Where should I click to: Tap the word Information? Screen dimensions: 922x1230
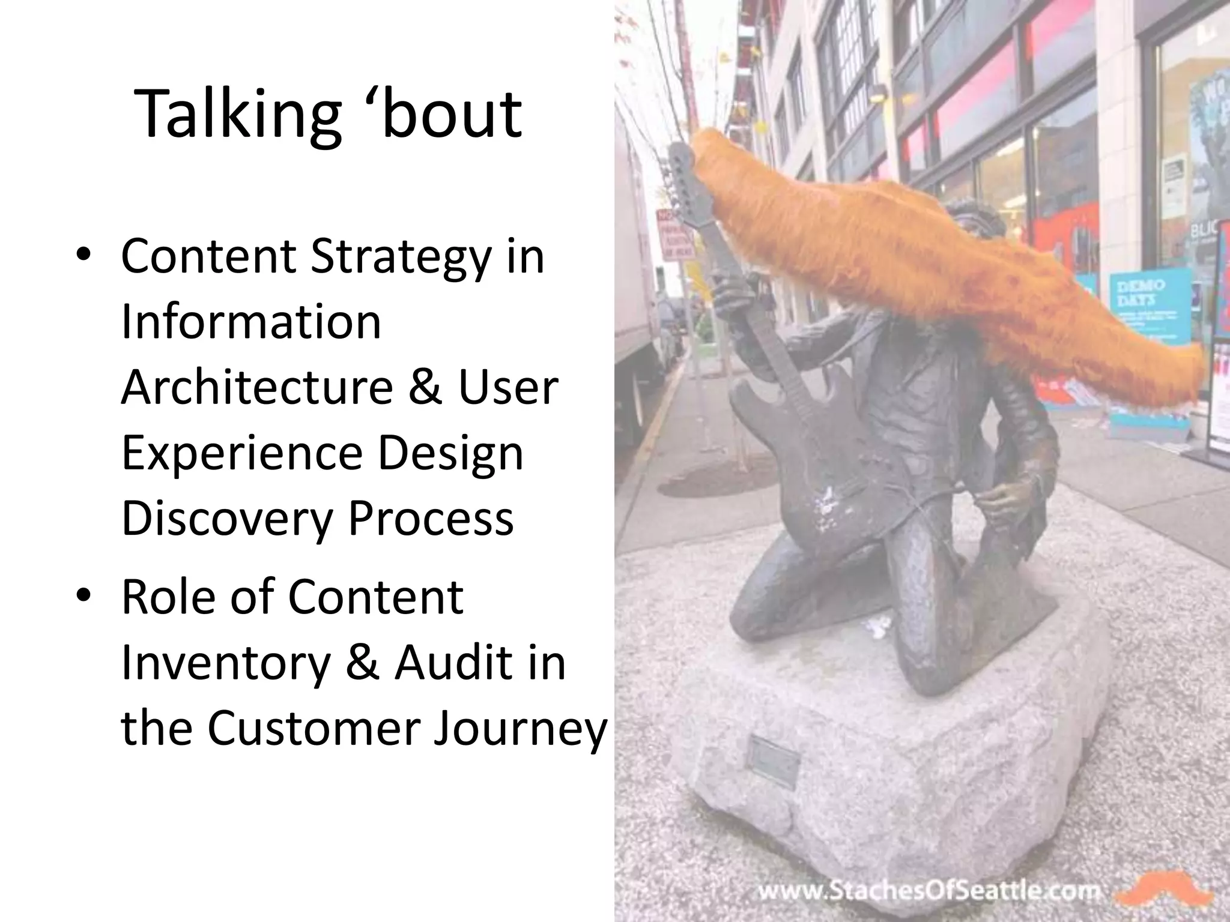(251, 322)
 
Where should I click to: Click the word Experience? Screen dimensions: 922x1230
(241, 454)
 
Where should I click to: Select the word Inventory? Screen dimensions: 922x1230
(226, 663)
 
